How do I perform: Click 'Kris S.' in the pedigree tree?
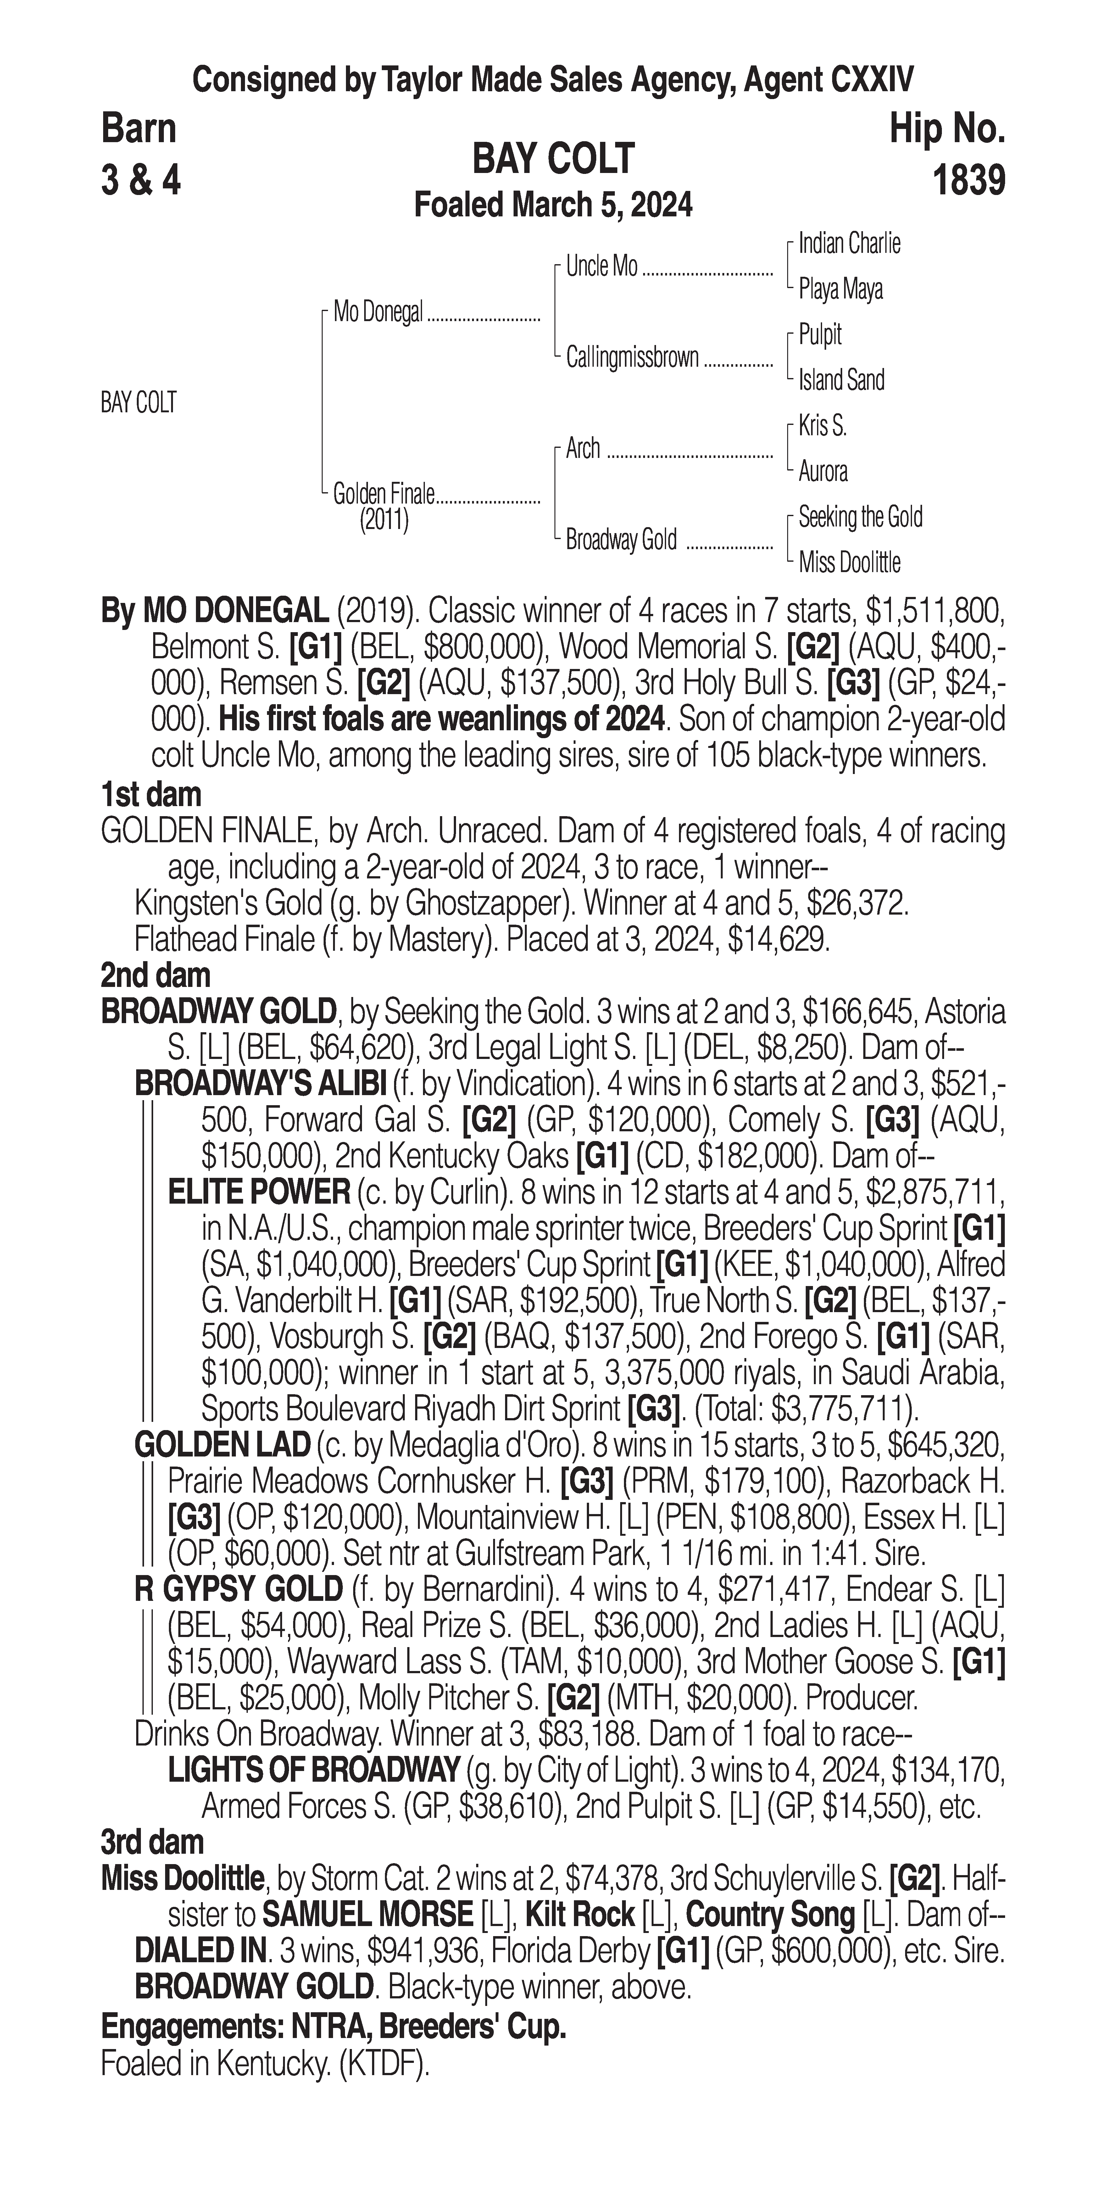(x=822, y=426)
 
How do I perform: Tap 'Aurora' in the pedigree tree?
(x=823, y=471)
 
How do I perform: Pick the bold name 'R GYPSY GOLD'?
(x=239, y=1590)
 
